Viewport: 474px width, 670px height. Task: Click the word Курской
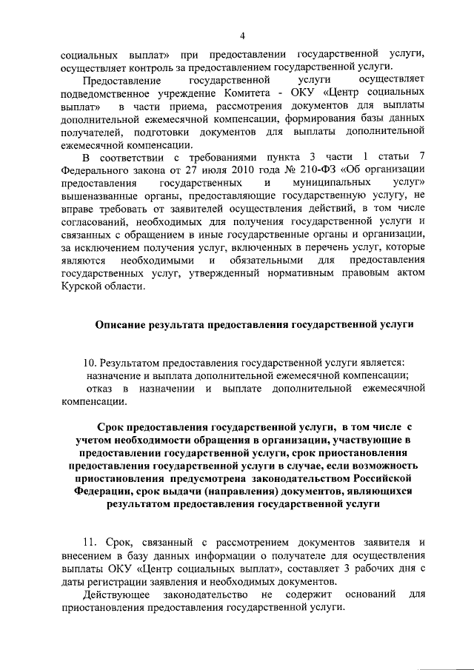coord(83,288)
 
